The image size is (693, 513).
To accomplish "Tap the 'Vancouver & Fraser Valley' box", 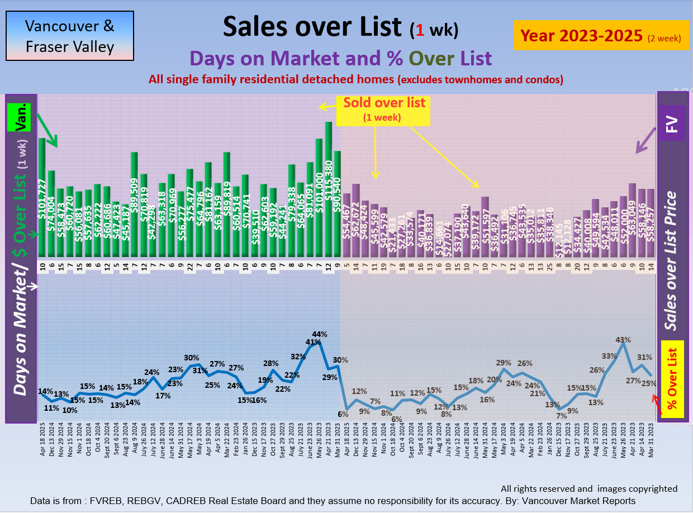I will click(x=70, y=36).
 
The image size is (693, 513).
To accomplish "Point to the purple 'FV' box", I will click(x=672, y=123).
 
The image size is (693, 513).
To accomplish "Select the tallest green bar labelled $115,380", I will click(x=329, y=190).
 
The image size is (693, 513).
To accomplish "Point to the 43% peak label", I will click(x=624, y=339).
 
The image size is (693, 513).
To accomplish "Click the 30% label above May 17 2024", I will click(x=192, y=358).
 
